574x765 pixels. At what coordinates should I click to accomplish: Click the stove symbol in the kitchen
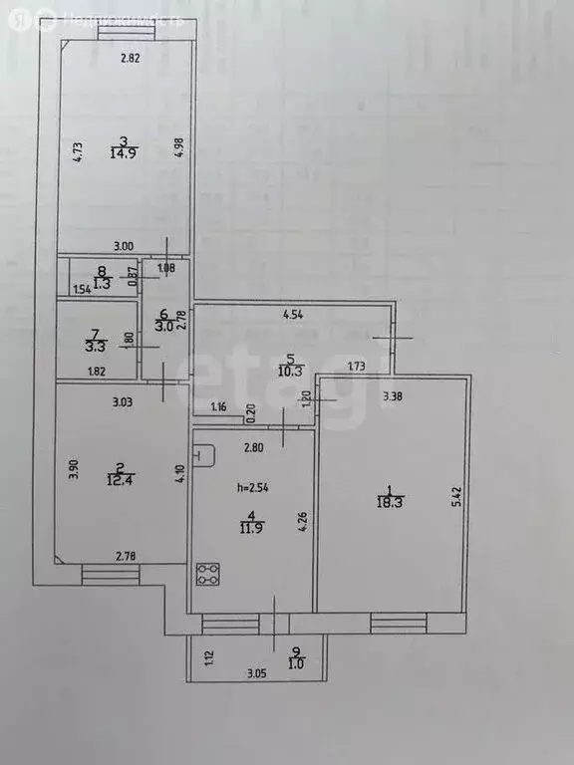209,574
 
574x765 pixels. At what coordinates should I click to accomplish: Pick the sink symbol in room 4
206,454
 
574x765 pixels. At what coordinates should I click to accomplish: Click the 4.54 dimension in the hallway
292,316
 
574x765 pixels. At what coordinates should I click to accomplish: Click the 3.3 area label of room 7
96,348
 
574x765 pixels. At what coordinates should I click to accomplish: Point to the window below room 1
399,624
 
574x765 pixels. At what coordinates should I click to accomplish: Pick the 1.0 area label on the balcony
294,663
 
